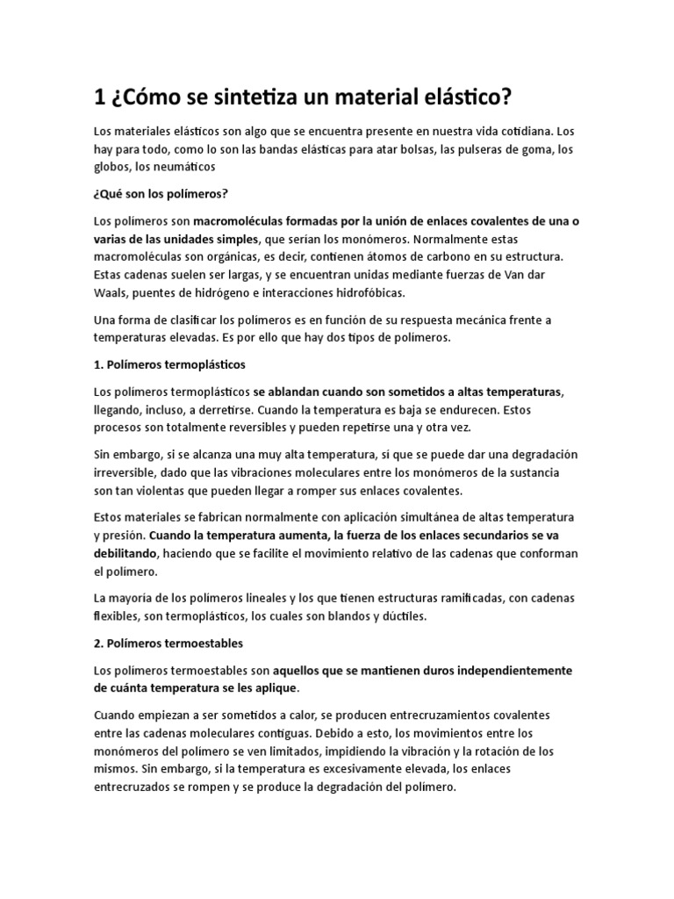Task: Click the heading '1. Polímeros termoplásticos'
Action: (x=170, y=363)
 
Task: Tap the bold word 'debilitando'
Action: (x=126, y=554)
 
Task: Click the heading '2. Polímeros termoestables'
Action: (x=169, y=644)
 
